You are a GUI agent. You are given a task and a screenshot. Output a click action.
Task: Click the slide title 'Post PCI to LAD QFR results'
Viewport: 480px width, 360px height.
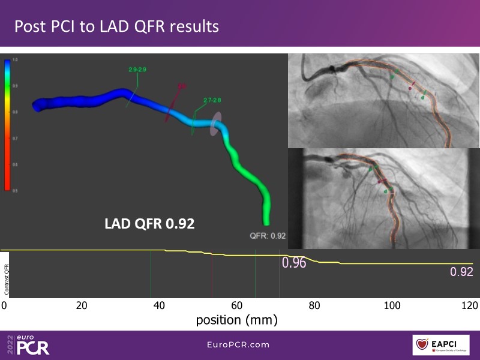[x=116, y=26]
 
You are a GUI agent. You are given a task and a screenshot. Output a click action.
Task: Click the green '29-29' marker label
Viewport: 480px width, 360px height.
[x=137, y=70]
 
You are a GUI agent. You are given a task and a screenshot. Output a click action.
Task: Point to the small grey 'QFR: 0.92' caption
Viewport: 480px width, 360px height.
[x=268, y=236]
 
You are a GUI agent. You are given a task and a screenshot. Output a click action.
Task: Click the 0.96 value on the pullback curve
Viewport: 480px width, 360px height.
[x=294, y=263]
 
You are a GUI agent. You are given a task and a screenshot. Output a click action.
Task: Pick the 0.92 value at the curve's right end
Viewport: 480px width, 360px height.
[x=462, y=272]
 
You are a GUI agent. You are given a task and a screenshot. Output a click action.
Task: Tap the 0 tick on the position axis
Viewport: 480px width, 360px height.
[x=4, y=305]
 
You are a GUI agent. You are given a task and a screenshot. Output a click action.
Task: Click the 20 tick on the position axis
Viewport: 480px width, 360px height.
[x=82, y=305]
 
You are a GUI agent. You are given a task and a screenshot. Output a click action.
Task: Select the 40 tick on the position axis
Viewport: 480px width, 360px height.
[x=159, y=305]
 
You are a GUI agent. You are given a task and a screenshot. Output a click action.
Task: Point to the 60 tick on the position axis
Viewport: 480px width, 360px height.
[x=236, y=305]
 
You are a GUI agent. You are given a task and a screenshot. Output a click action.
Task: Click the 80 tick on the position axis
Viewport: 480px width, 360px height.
[x=314, y=305]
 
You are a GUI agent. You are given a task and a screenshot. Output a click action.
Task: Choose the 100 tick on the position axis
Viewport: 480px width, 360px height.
[x=391, y=305]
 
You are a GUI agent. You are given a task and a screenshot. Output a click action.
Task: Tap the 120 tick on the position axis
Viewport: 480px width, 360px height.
[x=469, y=305]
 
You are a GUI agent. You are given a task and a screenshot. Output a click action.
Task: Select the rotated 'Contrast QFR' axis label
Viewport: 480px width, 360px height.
[x=7, y=272]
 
